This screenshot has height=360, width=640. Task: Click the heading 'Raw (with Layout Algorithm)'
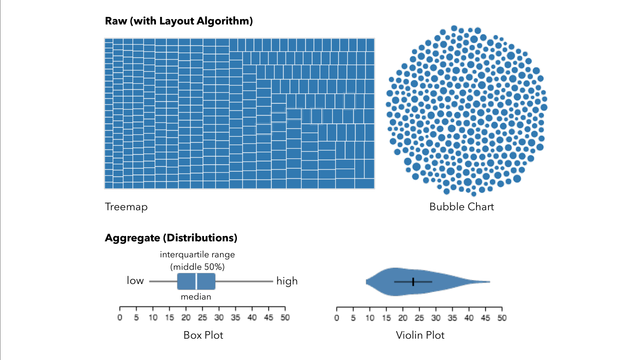[x=179, y=21]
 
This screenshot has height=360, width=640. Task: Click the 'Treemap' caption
[x=126, y=207]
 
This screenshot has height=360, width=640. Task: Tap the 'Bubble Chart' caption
[x=461, y=207]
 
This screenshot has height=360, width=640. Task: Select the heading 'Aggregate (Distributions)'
[x=171, y=238]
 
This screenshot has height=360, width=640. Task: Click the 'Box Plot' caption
[x=203, y=335]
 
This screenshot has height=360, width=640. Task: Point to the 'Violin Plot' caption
[x=420, y=335]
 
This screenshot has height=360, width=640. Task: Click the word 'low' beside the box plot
[x=135, y=280]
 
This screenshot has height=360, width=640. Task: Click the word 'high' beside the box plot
[x=287, y=281]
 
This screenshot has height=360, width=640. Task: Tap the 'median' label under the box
[x=196, y=296]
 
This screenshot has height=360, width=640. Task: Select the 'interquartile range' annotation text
[x=197, y=255]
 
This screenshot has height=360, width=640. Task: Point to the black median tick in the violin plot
[x=413, y=282]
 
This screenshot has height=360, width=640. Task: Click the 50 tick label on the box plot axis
[x=285, y=317]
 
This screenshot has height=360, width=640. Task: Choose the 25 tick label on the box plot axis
[x=202, y=317]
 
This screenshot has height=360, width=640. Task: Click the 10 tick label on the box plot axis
[x=153, y=317]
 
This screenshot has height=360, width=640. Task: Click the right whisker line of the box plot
[x=244, y=281]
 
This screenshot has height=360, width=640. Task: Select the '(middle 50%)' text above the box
[x=197, y=267]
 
